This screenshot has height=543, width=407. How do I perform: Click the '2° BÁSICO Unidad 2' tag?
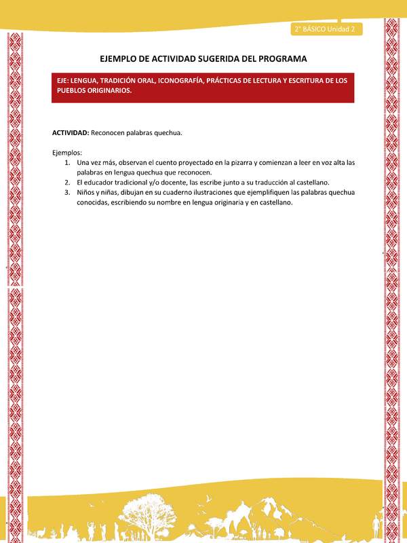pyautogui.click(x=326, y=29)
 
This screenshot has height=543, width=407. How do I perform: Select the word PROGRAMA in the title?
pyautogui.click(x=280, y=59)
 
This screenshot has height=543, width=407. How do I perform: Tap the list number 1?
pyautogui.click(x=67, y=163)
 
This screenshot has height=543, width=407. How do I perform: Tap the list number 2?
pyautogui.click(x=67, y=183)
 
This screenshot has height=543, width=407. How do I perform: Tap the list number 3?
pyautogui.click(x=67, y=192)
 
